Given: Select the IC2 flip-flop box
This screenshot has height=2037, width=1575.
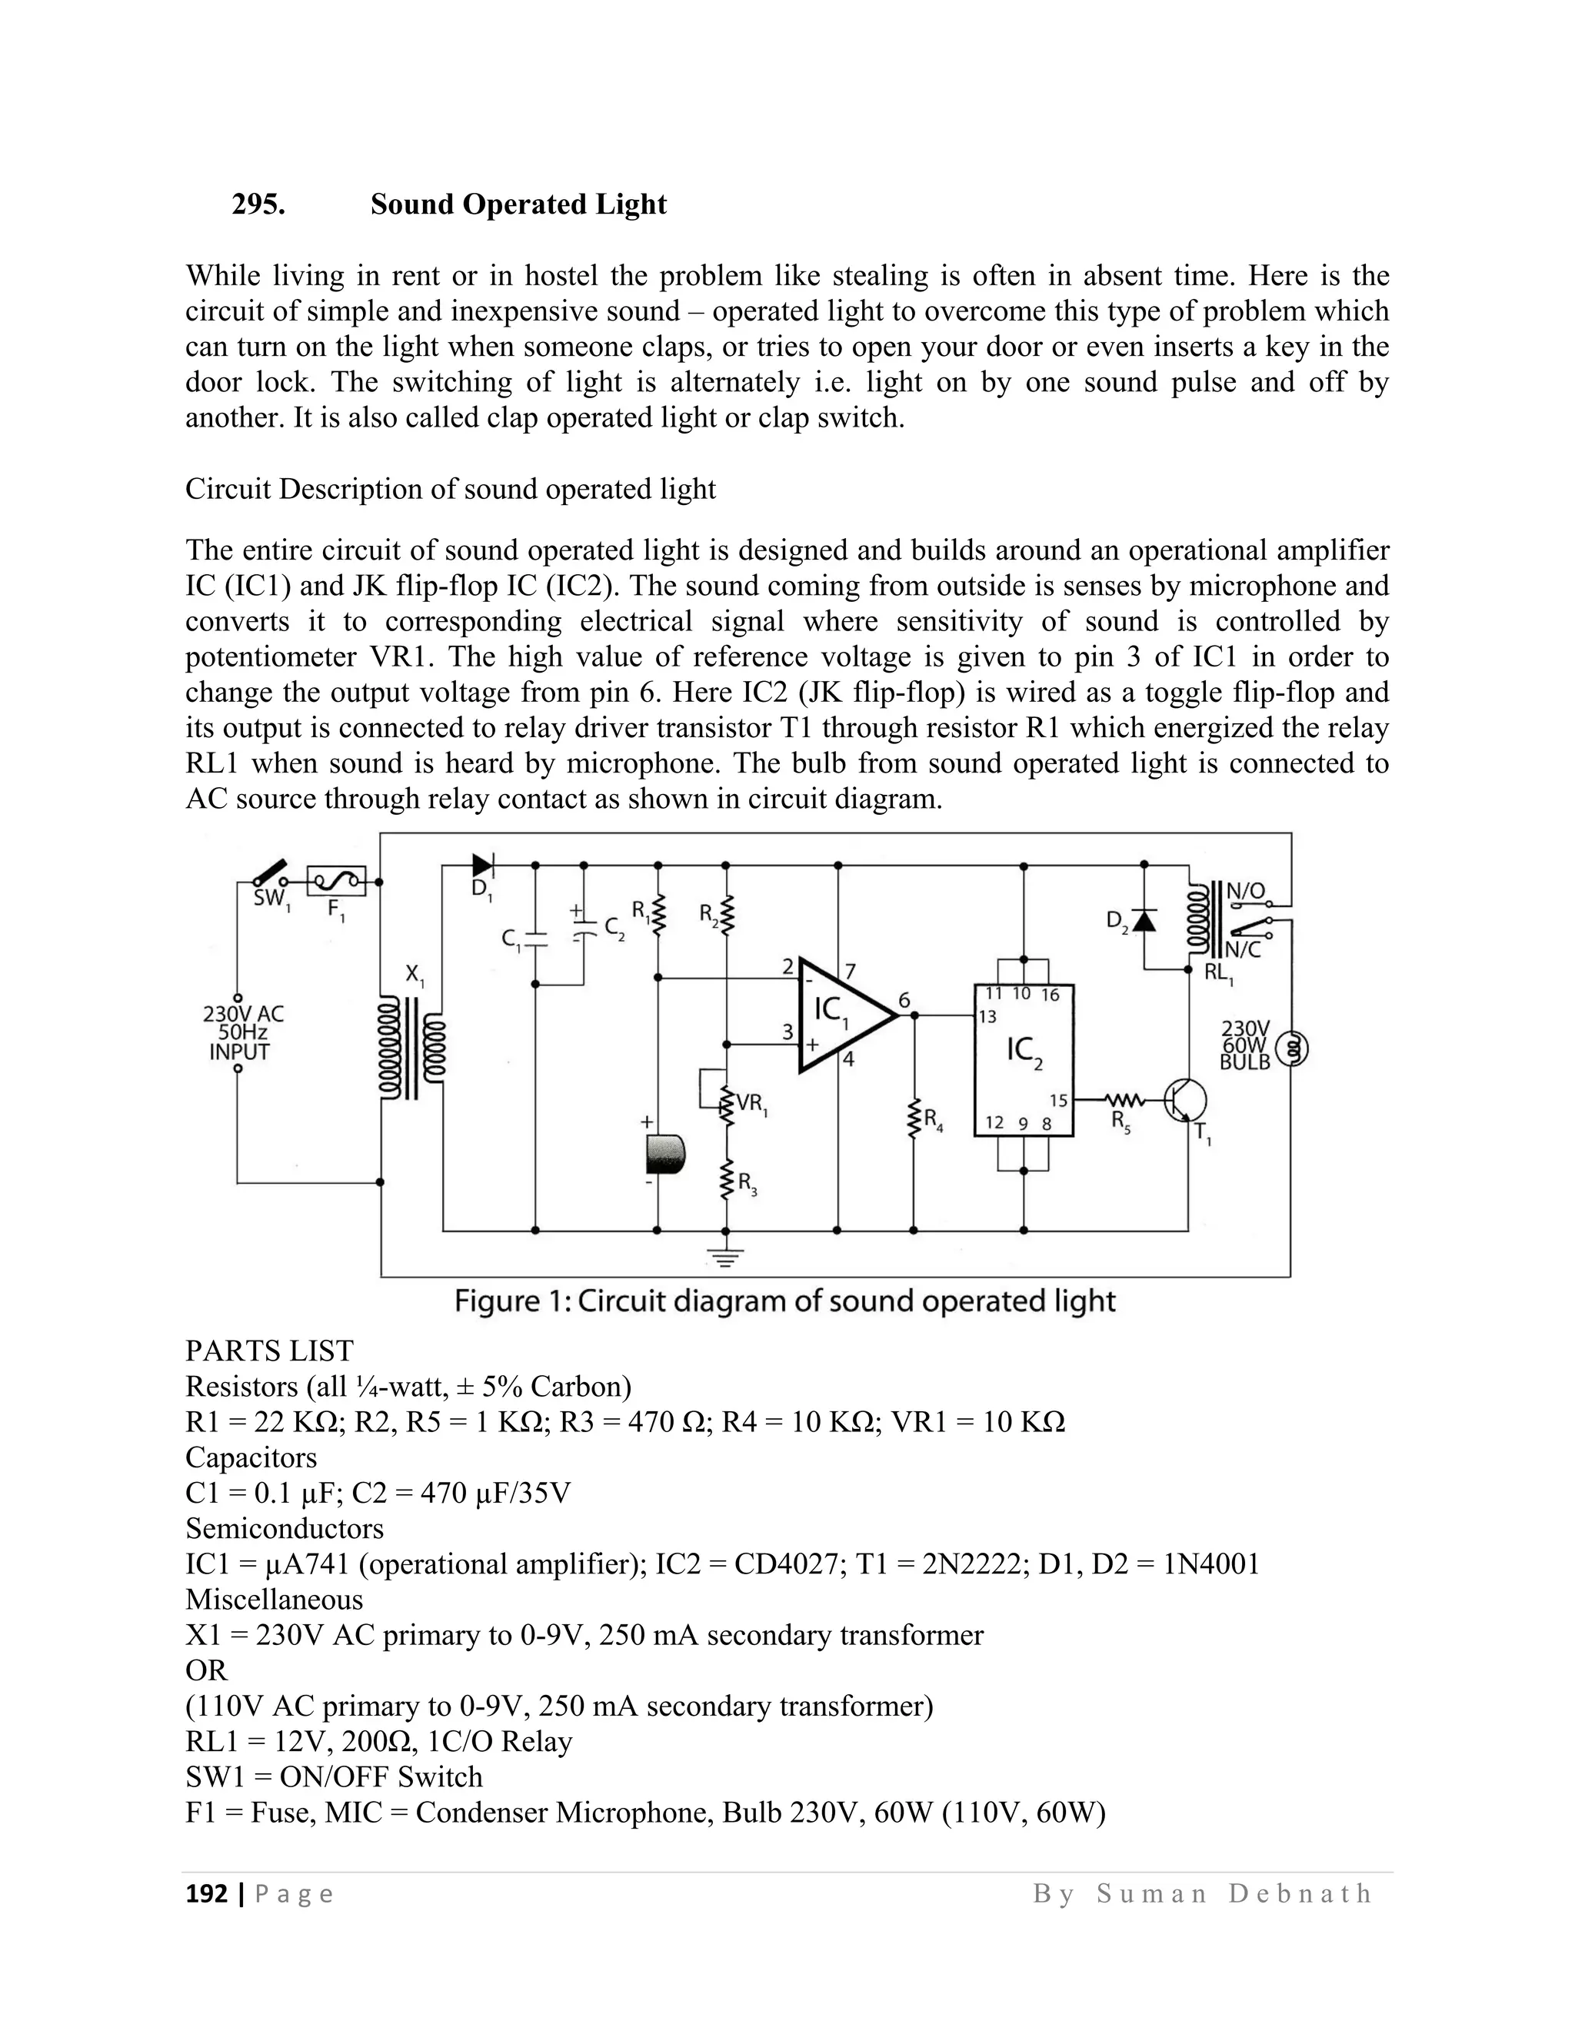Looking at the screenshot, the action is pos(1024,1061).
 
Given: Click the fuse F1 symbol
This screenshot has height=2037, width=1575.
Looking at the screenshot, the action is pos(336,879).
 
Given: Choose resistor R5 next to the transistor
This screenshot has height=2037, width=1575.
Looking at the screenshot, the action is pos(1124,1102).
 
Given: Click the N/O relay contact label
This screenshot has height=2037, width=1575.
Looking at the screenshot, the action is pos(1245,891).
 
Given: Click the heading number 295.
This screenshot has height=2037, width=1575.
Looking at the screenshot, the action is pos(258,204).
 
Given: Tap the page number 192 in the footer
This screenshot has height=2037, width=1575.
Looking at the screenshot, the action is pos(207,1894).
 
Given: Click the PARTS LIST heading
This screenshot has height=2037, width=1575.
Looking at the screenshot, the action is pos(270,1351).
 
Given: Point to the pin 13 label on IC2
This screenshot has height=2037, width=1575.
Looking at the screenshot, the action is pos(987,1017).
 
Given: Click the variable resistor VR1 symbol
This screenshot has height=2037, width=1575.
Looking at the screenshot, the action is pos(726,1103).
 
